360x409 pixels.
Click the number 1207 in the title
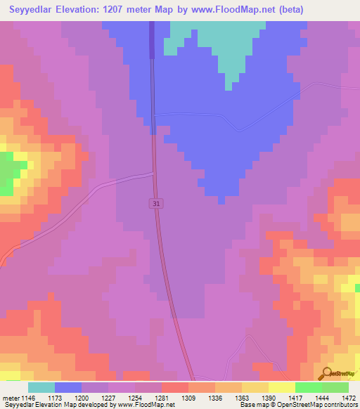130,10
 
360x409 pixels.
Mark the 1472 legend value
340,397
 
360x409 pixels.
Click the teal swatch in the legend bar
41,387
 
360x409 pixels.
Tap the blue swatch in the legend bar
68,387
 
